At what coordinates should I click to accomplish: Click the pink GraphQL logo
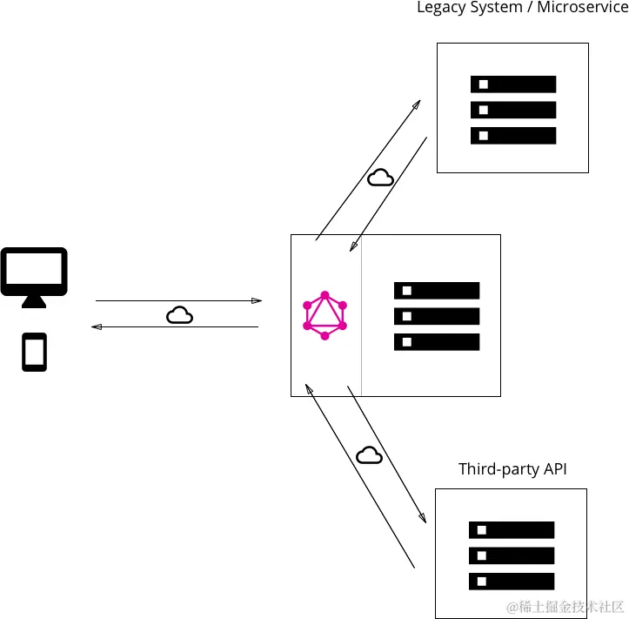[325, 315]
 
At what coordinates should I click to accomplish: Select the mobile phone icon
[34, 353]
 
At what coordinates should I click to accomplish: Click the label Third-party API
[512, 469]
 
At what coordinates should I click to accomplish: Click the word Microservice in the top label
[582, 8]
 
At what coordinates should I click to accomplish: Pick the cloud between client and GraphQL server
[179, 315]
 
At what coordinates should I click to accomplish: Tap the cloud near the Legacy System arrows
[380, 178]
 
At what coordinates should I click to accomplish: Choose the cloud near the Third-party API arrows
[369, 455]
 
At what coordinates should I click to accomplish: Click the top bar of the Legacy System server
[512, 84]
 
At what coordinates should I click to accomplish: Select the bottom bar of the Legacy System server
[512, 136]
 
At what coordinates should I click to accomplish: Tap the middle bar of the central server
[437, 316]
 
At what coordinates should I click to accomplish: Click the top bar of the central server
[437, 291]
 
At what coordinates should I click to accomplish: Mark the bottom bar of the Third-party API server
[512, 581]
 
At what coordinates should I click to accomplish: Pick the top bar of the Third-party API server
[512, 529]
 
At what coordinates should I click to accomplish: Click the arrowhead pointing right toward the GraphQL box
[257, 300]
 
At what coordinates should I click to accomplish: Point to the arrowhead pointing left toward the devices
[97, 326]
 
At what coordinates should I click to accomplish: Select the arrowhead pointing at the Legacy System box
[417, 104]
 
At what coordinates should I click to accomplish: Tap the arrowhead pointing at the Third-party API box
[423, 518]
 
